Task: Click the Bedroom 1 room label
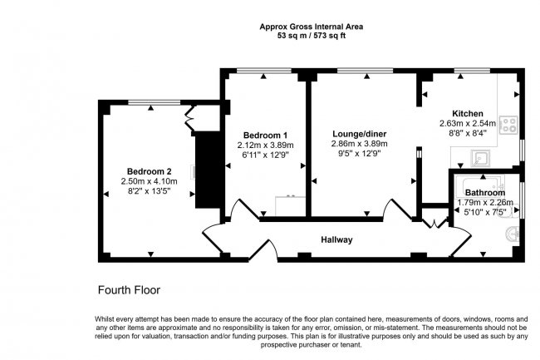click(265, 136)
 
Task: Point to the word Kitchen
click(467, 114)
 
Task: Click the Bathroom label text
click(486, 192)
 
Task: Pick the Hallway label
click(337, 240)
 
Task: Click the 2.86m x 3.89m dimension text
click(360, 144)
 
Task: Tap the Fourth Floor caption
click(129, 291)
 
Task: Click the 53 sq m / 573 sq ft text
click(312, 36)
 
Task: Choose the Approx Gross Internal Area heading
click(312, 27)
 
